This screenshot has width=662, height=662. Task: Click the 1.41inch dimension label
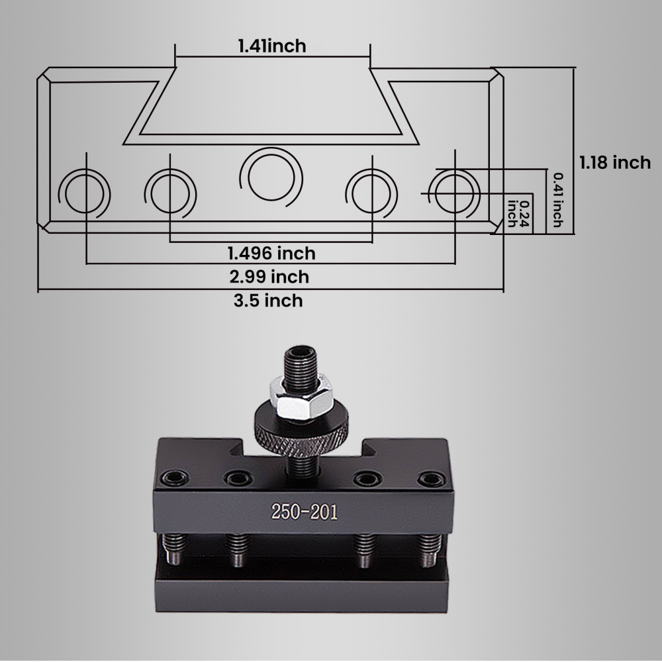[x=272, y=46]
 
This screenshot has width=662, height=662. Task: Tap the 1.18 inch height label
[x=615, y=163]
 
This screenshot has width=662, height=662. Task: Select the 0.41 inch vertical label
[x=557, y=200]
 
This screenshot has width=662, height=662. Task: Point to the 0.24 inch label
[x=518, y=214]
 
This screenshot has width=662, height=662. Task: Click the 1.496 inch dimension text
[x=271, y=254]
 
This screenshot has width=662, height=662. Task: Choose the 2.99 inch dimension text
[x=269, y=277]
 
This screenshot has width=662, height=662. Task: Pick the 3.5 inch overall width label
[x=268, y=301]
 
